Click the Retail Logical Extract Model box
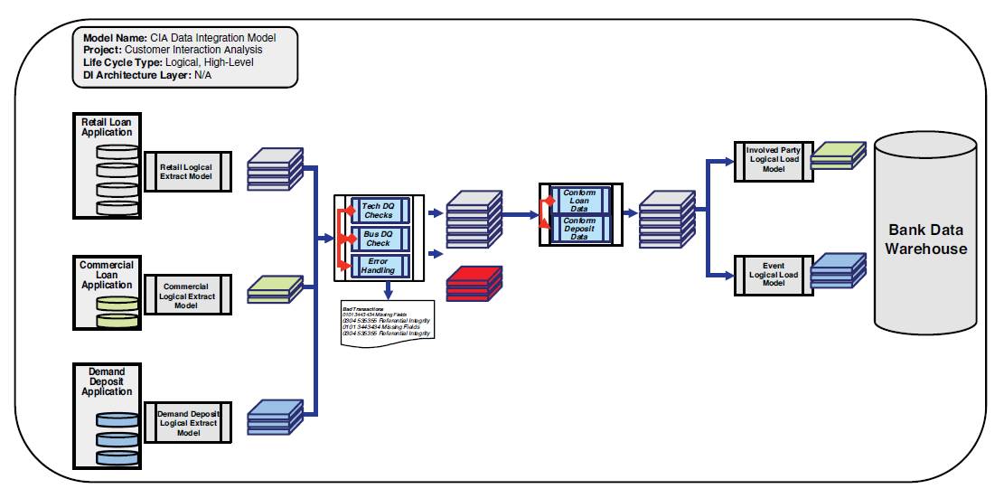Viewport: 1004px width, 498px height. coord(188,172)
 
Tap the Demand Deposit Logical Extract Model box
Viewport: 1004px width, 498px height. coord(188,423)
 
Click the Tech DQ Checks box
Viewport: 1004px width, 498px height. coord(378,211)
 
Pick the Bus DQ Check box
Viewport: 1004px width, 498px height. coord(378,239)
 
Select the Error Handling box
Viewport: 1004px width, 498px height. coord(378,265)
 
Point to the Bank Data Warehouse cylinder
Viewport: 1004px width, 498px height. coord(924,240)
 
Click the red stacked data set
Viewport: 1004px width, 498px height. coord(474,283)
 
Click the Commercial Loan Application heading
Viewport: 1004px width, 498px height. coord(107,275)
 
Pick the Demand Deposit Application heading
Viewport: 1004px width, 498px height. coord(107,381)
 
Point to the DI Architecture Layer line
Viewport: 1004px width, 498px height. coord(145,76)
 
